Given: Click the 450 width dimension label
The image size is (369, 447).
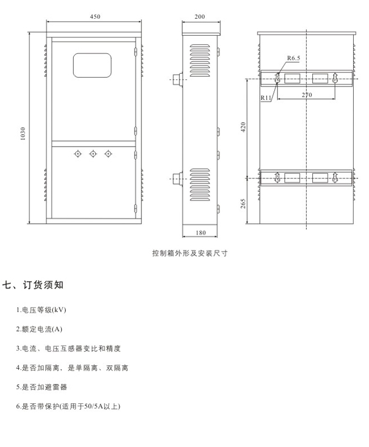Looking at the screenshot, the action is [x=95, y=16].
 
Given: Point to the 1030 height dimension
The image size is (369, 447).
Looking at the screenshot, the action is [x=23, y=133].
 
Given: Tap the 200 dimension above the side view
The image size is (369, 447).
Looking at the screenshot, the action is [x=200, y=16].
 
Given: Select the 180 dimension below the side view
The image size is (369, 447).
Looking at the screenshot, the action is [x=200, y=233].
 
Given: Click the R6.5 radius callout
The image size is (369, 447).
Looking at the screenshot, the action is [x=293, y=58].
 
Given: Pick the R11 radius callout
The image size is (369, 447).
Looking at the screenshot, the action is [x=266, y=98].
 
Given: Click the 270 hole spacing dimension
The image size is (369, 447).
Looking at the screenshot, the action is [x=307, y=95].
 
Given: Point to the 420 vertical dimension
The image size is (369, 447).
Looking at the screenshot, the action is [x=243, y=127].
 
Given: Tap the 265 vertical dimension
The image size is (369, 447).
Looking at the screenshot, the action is [x=243, y=203].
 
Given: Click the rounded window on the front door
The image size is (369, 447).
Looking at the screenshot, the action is [x=93, y=65].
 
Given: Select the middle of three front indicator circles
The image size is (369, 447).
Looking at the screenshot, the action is [x=93, y=154].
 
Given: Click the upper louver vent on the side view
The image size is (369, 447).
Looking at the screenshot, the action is [x=200, y=60].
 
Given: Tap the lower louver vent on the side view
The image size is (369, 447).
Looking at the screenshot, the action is [x=200, y=185].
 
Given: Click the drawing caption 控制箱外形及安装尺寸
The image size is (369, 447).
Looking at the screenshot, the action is [x=190, y=253].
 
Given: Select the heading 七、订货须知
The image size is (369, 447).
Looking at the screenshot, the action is [x=33, y=285].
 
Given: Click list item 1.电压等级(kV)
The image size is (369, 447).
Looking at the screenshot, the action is [x=41, y=310].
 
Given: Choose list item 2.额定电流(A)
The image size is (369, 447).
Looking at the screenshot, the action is [x=39, y=329].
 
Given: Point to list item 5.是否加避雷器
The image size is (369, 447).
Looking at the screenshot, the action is [x=41, y=387].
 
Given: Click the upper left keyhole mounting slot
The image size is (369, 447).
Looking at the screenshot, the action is [x=277, y=78].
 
